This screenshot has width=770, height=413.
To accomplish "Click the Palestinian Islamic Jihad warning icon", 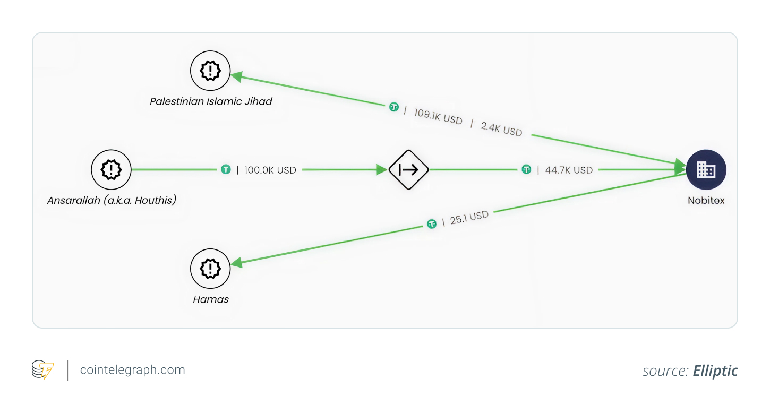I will point(210,71).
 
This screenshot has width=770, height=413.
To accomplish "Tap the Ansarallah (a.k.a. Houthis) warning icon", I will point(111,170).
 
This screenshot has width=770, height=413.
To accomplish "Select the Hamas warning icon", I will point(210,269).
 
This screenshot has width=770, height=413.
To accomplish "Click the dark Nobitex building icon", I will point(706,170).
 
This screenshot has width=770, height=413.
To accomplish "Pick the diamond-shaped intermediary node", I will point(408,170).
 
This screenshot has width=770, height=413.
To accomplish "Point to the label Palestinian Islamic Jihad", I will point(211,101).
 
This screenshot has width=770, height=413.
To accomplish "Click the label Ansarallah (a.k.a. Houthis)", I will point(112,201).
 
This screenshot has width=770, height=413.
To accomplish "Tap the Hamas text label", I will point(211,299).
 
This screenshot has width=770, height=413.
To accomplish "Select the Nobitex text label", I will point(706,201).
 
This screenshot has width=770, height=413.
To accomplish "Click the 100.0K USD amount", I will point(270,170).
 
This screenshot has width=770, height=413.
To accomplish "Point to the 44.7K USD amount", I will point(569,170).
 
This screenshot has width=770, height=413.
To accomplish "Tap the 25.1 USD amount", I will point(469,218).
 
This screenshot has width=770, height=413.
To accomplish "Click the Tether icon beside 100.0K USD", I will point(226,170).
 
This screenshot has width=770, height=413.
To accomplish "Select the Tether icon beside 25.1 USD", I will point(432,225).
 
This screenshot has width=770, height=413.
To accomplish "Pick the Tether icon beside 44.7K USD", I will point(526,170).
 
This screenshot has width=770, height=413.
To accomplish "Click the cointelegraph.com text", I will point(132,370).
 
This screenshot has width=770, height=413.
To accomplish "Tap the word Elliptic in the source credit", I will point(715,371).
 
